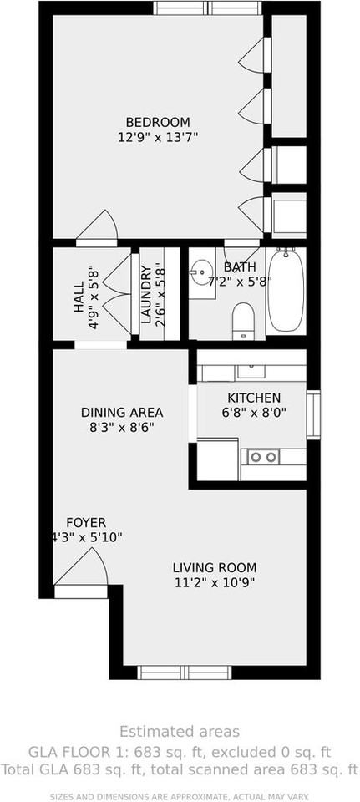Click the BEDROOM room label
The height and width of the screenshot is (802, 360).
tap(158, 122)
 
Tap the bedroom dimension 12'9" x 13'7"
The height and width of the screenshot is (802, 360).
tap(158, 136)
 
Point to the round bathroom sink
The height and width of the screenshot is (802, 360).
tap(200, 272)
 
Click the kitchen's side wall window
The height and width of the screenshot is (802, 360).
tap(313, 413)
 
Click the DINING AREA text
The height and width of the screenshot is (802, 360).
tap(122, 413)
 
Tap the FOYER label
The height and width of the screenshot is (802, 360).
tap(86, 523)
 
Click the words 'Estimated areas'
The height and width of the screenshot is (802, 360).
tap(179, 731)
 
